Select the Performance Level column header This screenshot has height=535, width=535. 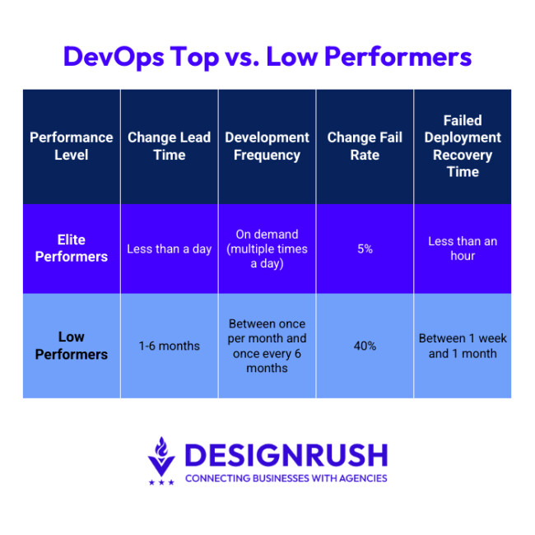click(x=71, y=146)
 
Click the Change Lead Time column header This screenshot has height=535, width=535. click(x=169, y=146)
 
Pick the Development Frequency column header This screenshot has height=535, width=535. click(x=267, y=146)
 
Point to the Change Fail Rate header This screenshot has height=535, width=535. click(x=365, y=146)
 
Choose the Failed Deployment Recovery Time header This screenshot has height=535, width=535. click(x=463, y=146)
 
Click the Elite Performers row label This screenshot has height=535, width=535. click(x=71, y=249)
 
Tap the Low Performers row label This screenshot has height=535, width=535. click(x=71, y=346)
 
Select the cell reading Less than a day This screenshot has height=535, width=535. click(x=169, y=249)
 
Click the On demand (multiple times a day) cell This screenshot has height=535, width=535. click(x=267, y=249)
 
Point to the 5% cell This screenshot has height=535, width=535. click(x=365, y=249)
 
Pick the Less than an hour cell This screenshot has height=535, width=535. click(x=463, y=249)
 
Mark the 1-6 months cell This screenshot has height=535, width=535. click(x=169, y=346)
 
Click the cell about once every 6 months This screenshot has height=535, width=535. click(x=267, y=346)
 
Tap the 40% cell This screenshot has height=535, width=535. click(x=365, y=346)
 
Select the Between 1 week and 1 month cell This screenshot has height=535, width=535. click(x=463, y=346)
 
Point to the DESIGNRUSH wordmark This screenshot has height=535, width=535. click(x=286, y=454)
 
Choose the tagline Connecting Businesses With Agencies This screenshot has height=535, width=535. click(x=286, y=478)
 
